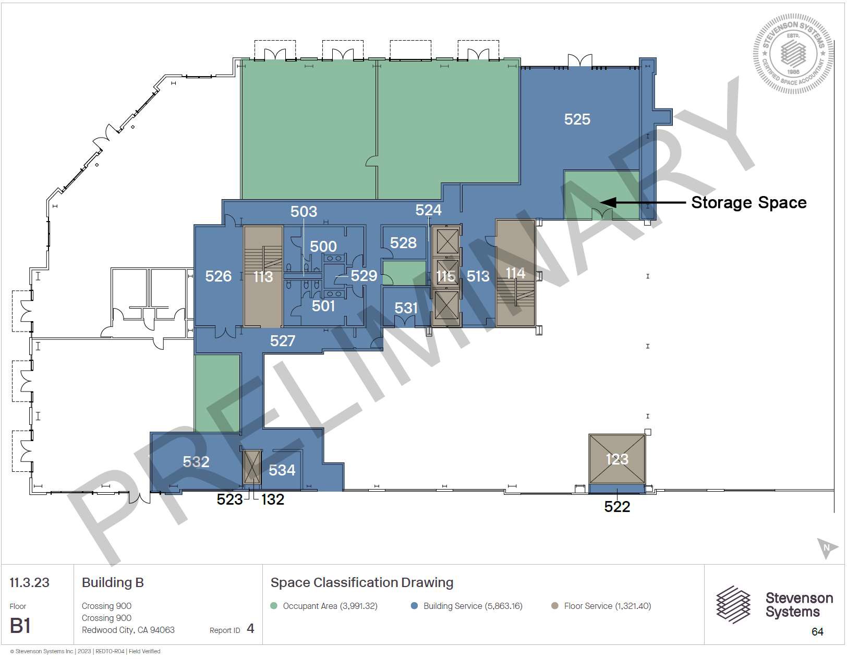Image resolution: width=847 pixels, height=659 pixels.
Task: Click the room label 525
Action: tap(577, 119)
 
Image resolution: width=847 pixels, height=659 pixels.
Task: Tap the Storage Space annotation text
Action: tap(748, 202)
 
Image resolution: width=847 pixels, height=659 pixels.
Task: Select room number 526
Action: tap(219, 276)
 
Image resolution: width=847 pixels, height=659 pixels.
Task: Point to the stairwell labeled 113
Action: tap(263, 276)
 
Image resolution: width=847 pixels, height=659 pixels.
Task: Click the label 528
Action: tap(403, 242)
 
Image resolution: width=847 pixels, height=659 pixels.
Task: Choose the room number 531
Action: tap(406, 308)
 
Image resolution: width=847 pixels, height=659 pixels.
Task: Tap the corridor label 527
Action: tap(282, 341)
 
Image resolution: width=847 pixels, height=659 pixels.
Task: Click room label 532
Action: tap(196, 461)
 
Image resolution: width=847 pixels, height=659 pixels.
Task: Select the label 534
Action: tap(282, 470)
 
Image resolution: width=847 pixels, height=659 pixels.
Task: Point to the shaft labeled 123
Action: tap(616, 459)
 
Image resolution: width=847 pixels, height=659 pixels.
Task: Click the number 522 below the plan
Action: tap(616, 506)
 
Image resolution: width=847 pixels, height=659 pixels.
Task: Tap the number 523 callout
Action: tap(229, 499)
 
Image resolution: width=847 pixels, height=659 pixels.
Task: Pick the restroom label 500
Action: tap(323, 246)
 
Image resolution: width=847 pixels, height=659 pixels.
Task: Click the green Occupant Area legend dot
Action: tap(274, 606)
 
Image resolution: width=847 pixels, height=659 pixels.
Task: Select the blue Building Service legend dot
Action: tap(414, 606)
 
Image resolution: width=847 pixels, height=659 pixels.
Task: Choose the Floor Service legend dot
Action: tap(554, 606)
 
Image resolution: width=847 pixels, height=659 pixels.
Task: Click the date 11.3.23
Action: tap(29, 582)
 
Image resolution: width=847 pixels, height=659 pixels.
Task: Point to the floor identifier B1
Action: tap(20, 626)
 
